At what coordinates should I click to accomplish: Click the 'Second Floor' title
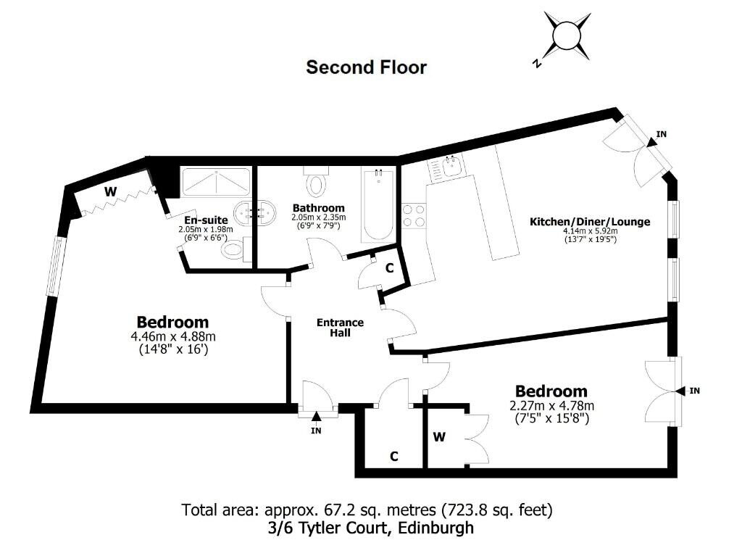366,67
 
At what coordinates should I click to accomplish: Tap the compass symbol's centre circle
567,36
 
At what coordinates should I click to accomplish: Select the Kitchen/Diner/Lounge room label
590,222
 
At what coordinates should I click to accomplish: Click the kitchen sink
450,167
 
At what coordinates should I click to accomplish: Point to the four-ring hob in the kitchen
414,215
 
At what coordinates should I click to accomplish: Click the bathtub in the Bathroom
378,204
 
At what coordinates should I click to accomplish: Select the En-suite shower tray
216,182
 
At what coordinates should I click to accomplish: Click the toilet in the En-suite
234,249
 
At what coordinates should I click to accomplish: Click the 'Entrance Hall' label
341,328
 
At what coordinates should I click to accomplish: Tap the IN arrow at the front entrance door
316,416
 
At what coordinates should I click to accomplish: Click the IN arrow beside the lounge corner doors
651,141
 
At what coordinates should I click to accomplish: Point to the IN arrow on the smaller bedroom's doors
680,391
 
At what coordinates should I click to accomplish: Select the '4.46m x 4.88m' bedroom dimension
173,337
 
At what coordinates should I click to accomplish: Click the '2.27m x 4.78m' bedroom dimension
551,406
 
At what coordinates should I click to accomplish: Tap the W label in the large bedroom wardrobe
110,191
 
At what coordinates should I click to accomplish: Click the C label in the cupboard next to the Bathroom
389,268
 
